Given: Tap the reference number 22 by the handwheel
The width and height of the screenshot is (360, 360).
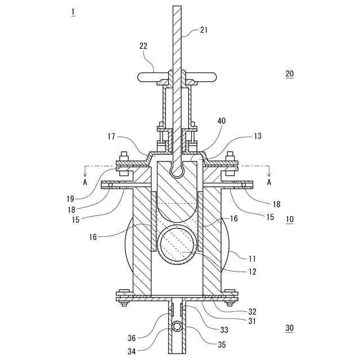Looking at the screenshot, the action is tap(144, 47).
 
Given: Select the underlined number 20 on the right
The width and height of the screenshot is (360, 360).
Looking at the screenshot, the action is tap(289, 74).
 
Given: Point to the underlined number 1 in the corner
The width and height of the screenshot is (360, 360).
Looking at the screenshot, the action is tap(72, 12).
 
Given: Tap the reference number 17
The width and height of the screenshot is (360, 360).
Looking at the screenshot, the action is tap(111, 136).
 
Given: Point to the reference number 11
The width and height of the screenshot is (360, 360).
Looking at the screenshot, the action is tap(253, 259).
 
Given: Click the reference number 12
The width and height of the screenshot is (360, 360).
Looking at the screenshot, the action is tap(253, 272).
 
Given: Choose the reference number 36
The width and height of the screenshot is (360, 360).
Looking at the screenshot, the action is tap(132, 337).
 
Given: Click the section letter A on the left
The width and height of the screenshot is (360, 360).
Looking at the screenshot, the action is tap(85, 182).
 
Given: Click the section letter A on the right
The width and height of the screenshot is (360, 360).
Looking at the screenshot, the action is tap(269, 182).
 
